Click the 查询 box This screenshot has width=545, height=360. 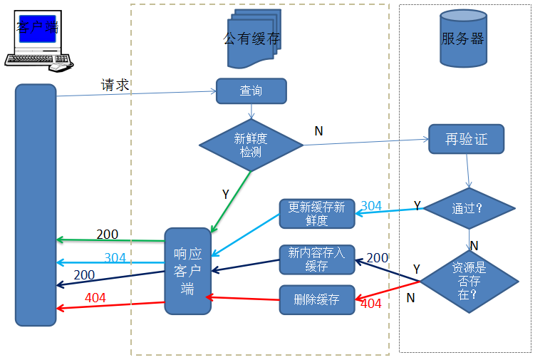[x=251, y=91]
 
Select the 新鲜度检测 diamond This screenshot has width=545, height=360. [x=251, y=145]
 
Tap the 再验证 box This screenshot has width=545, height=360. [x=466, y=139]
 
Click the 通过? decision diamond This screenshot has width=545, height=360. [x=468, y=209]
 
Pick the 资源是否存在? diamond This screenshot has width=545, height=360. [x=469, y=280]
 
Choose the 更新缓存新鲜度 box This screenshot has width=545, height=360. [x=316, y=213]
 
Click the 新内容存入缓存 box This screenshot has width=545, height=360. [x=316, y=259]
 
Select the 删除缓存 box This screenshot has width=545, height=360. [x=316, y=299]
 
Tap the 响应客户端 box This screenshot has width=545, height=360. [x=188, y=271]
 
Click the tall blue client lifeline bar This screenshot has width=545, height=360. [x=36, y=205]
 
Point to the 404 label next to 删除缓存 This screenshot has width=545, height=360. [x=370, y=304]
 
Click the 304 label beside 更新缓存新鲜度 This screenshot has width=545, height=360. [x=371, y=206]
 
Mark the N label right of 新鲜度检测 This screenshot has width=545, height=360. [x=318, y=130]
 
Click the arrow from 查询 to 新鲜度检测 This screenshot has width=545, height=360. [x=251, y=111]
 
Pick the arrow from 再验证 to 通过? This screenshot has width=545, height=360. [x=467, y=170]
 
